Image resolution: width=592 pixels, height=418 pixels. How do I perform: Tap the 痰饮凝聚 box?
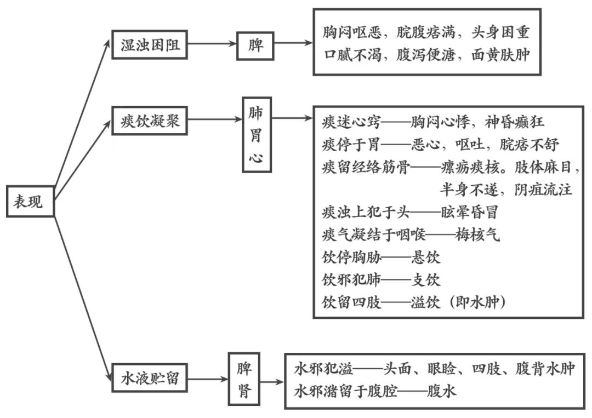[x=150, y=120]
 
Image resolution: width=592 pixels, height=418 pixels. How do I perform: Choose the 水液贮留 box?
[x=150, y=377]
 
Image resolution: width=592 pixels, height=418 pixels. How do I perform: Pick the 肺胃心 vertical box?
[x=256, y=135]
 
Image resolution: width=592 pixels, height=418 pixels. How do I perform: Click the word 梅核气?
[x=477, y=235]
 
